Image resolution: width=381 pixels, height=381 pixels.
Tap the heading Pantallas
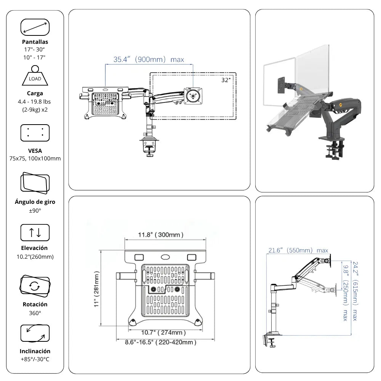pos(35,42)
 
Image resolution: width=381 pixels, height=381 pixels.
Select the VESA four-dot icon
pos(35,133)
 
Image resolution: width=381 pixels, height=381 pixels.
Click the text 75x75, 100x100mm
pos(35,158)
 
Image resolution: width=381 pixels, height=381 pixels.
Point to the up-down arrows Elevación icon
pos(35,232)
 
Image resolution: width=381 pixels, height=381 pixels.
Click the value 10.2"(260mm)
pos(35,256)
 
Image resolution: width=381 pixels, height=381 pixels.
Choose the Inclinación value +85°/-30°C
pos(35,359)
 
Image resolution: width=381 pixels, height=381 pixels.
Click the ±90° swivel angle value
pos(35,210)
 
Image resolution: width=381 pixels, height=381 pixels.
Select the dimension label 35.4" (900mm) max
pos(149,59)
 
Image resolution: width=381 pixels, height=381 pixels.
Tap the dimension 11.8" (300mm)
pos(160,235)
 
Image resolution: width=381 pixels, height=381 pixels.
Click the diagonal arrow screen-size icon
pos(35,27)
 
